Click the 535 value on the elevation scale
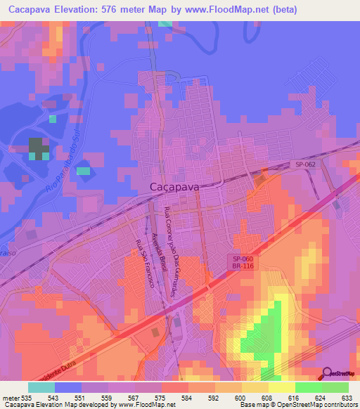23,398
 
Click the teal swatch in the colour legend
41,387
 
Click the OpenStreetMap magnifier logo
326,373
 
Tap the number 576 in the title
124,10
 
